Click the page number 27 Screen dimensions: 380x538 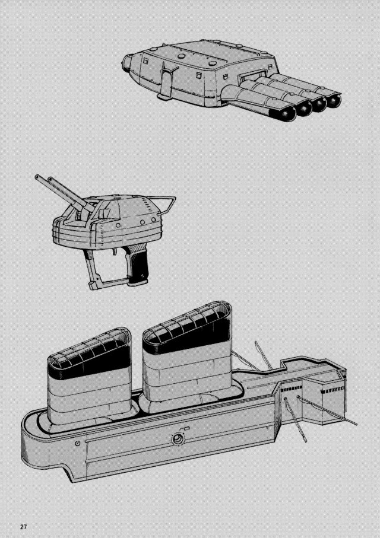23,527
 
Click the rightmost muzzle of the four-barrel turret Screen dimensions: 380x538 334,101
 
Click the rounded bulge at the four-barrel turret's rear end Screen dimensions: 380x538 128,63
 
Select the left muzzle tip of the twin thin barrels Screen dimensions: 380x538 37,177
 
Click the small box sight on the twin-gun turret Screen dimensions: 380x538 103,214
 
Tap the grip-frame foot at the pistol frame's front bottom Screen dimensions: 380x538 93,285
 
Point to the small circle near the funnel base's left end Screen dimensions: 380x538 78,444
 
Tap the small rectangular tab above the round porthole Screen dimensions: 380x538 187,428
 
